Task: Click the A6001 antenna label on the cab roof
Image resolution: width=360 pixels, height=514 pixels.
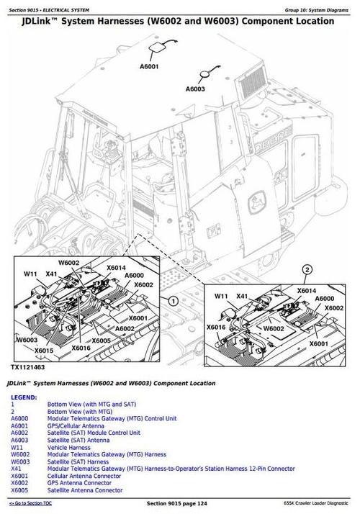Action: (149, 66)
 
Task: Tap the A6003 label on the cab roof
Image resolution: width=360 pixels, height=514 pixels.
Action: (195, 89)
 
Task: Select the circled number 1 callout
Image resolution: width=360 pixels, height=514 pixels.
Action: (173, 301)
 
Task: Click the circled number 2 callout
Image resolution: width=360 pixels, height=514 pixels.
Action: (307, 270)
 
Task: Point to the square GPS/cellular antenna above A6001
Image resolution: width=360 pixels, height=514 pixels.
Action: (156, 48)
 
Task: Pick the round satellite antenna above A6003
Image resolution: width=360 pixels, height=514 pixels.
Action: (204, 74)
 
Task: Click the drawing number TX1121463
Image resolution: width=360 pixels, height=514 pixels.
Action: (27, 367)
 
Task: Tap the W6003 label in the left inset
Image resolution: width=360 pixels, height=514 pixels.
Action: (27, 340)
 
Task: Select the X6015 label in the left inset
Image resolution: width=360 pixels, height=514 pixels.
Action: (44, 351)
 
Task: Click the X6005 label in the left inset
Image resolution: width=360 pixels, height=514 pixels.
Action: (101, 341)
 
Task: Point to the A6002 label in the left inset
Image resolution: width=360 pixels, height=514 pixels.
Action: (125, 328)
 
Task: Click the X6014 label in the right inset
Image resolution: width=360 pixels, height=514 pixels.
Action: (307, 290)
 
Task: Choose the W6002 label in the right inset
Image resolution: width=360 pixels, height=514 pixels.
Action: (274, 328)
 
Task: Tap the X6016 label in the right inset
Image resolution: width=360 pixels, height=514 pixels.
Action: (216, 327)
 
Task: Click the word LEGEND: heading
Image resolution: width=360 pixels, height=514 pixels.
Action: (24, 397)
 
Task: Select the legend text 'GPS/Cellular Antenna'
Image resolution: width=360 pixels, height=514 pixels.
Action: (76, 426)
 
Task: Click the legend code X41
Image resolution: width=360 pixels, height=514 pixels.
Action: (16, 469)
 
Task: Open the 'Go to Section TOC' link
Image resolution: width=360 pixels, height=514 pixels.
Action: (30, 503)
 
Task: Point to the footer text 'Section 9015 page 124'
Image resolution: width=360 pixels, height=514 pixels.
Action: (176, 503)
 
